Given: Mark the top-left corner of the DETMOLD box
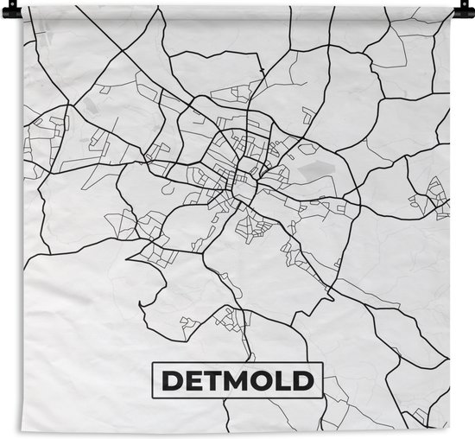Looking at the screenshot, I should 153,362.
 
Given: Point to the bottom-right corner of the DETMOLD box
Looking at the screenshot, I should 322,397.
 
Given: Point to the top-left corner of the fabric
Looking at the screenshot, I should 23,8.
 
